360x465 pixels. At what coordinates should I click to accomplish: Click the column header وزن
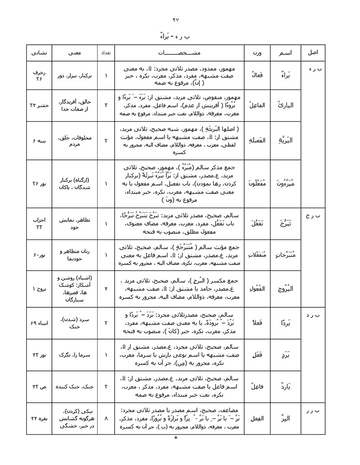[256, 53]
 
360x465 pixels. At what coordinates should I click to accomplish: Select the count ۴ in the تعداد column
[105, 289]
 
